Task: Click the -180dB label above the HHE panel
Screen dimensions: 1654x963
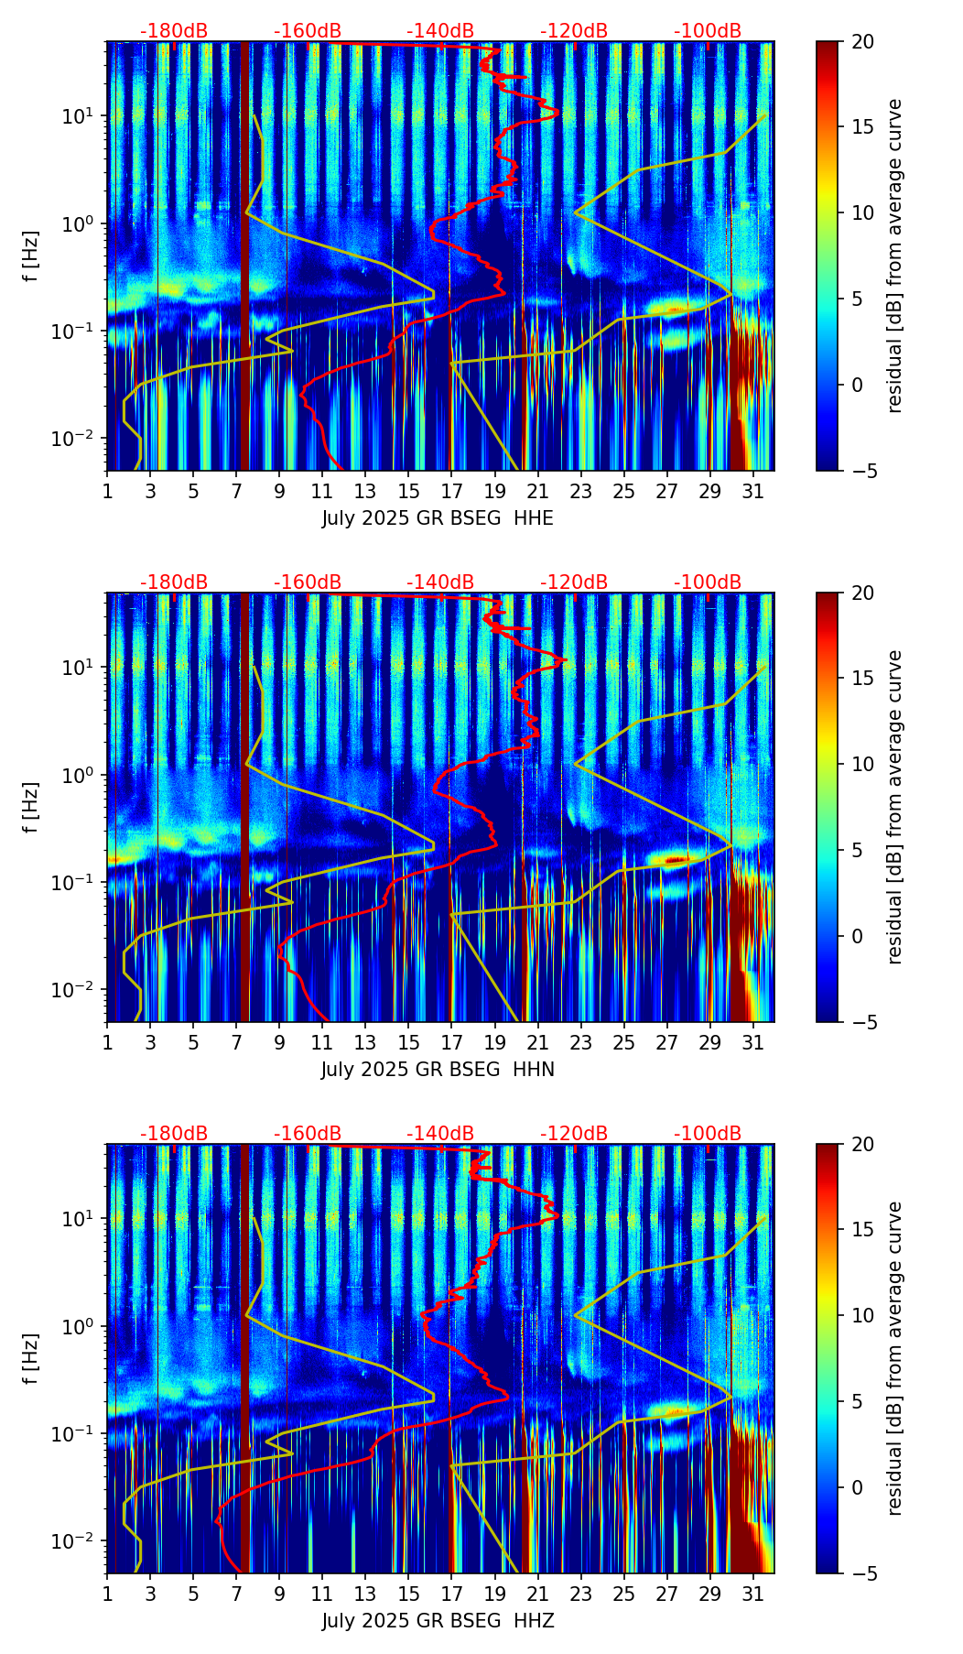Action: pos(174,31)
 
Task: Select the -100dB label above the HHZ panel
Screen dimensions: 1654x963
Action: pos(708,1134)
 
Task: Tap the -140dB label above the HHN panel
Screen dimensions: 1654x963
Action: pos(440,582)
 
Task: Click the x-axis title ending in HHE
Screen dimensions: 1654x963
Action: pos(438,518)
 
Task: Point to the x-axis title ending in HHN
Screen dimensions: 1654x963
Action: pos(438,1070)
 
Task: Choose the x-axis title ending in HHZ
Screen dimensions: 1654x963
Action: pos(438,1621)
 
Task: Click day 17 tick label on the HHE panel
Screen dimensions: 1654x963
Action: pos(451,491)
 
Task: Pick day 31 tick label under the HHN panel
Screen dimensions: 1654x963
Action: pos(752,1042)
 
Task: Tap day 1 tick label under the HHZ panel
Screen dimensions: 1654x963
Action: pos(107,1594)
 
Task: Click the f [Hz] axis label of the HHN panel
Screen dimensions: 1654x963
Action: pos(32,807)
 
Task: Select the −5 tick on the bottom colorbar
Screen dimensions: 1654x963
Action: pos(865,1573)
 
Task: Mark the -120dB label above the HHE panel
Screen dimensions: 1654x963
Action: pos(574,31)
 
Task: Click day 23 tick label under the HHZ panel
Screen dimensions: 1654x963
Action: pos(580,1594)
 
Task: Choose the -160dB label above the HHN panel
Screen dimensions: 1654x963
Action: pos(308,582)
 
